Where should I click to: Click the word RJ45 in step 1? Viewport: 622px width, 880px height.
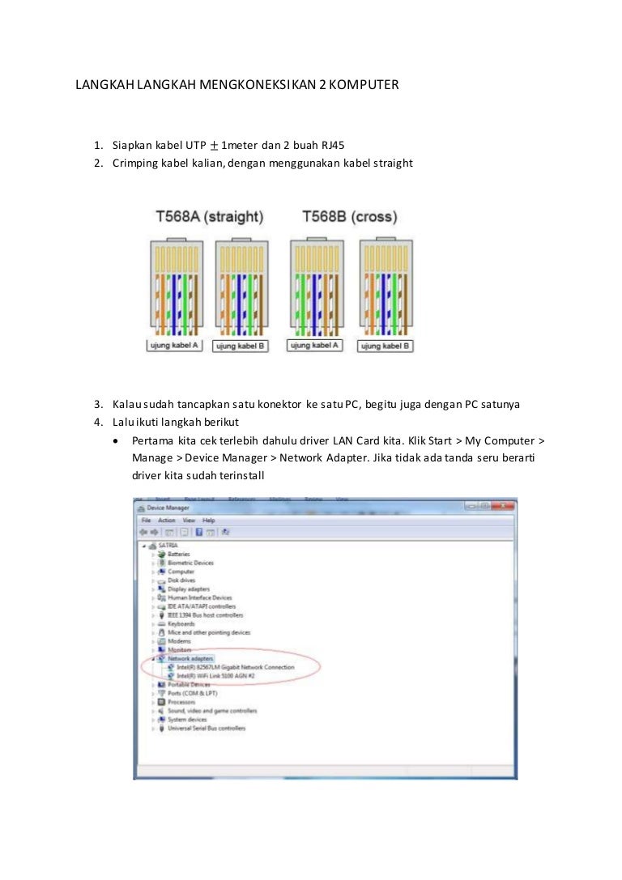[x=332, y=146]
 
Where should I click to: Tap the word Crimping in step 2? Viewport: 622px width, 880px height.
[x=136, y=163]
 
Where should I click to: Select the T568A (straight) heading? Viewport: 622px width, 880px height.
[x=209, y=217]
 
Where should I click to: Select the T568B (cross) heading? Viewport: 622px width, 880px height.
[x=349, y=217]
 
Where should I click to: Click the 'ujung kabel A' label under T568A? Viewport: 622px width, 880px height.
[x=173, y=345]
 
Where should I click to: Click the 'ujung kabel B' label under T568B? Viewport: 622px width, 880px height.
[x=386, y=346]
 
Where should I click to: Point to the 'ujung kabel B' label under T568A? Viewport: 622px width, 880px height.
[x=240, y=346]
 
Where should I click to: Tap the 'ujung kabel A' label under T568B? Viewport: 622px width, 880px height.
[x=314, y=345]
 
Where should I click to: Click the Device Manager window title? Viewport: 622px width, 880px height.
[x=168, y=507]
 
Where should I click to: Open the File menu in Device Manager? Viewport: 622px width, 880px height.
[x=147, y=520]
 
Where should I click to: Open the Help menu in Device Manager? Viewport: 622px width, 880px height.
[x=209, y=520]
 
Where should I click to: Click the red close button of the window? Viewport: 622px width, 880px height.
[x=503, y=506]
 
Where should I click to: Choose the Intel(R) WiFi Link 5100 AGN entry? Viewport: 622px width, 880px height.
[x=216, y=675]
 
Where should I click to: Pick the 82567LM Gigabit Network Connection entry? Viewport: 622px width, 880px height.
[x=235, y=667]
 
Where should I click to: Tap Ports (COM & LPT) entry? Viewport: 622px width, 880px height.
[x=192, y=693]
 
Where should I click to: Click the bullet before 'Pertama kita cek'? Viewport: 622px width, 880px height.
[x=120, y=441]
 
